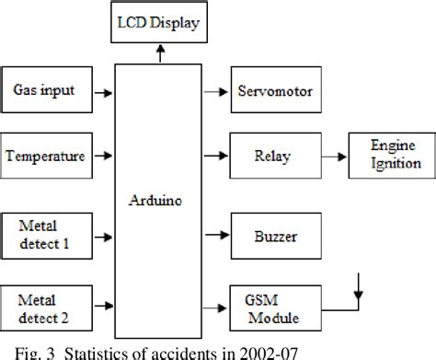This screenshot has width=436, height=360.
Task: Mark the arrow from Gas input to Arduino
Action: (109, 92)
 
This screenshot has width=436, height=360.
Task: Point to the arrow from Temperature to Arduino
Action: (109, 157)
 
